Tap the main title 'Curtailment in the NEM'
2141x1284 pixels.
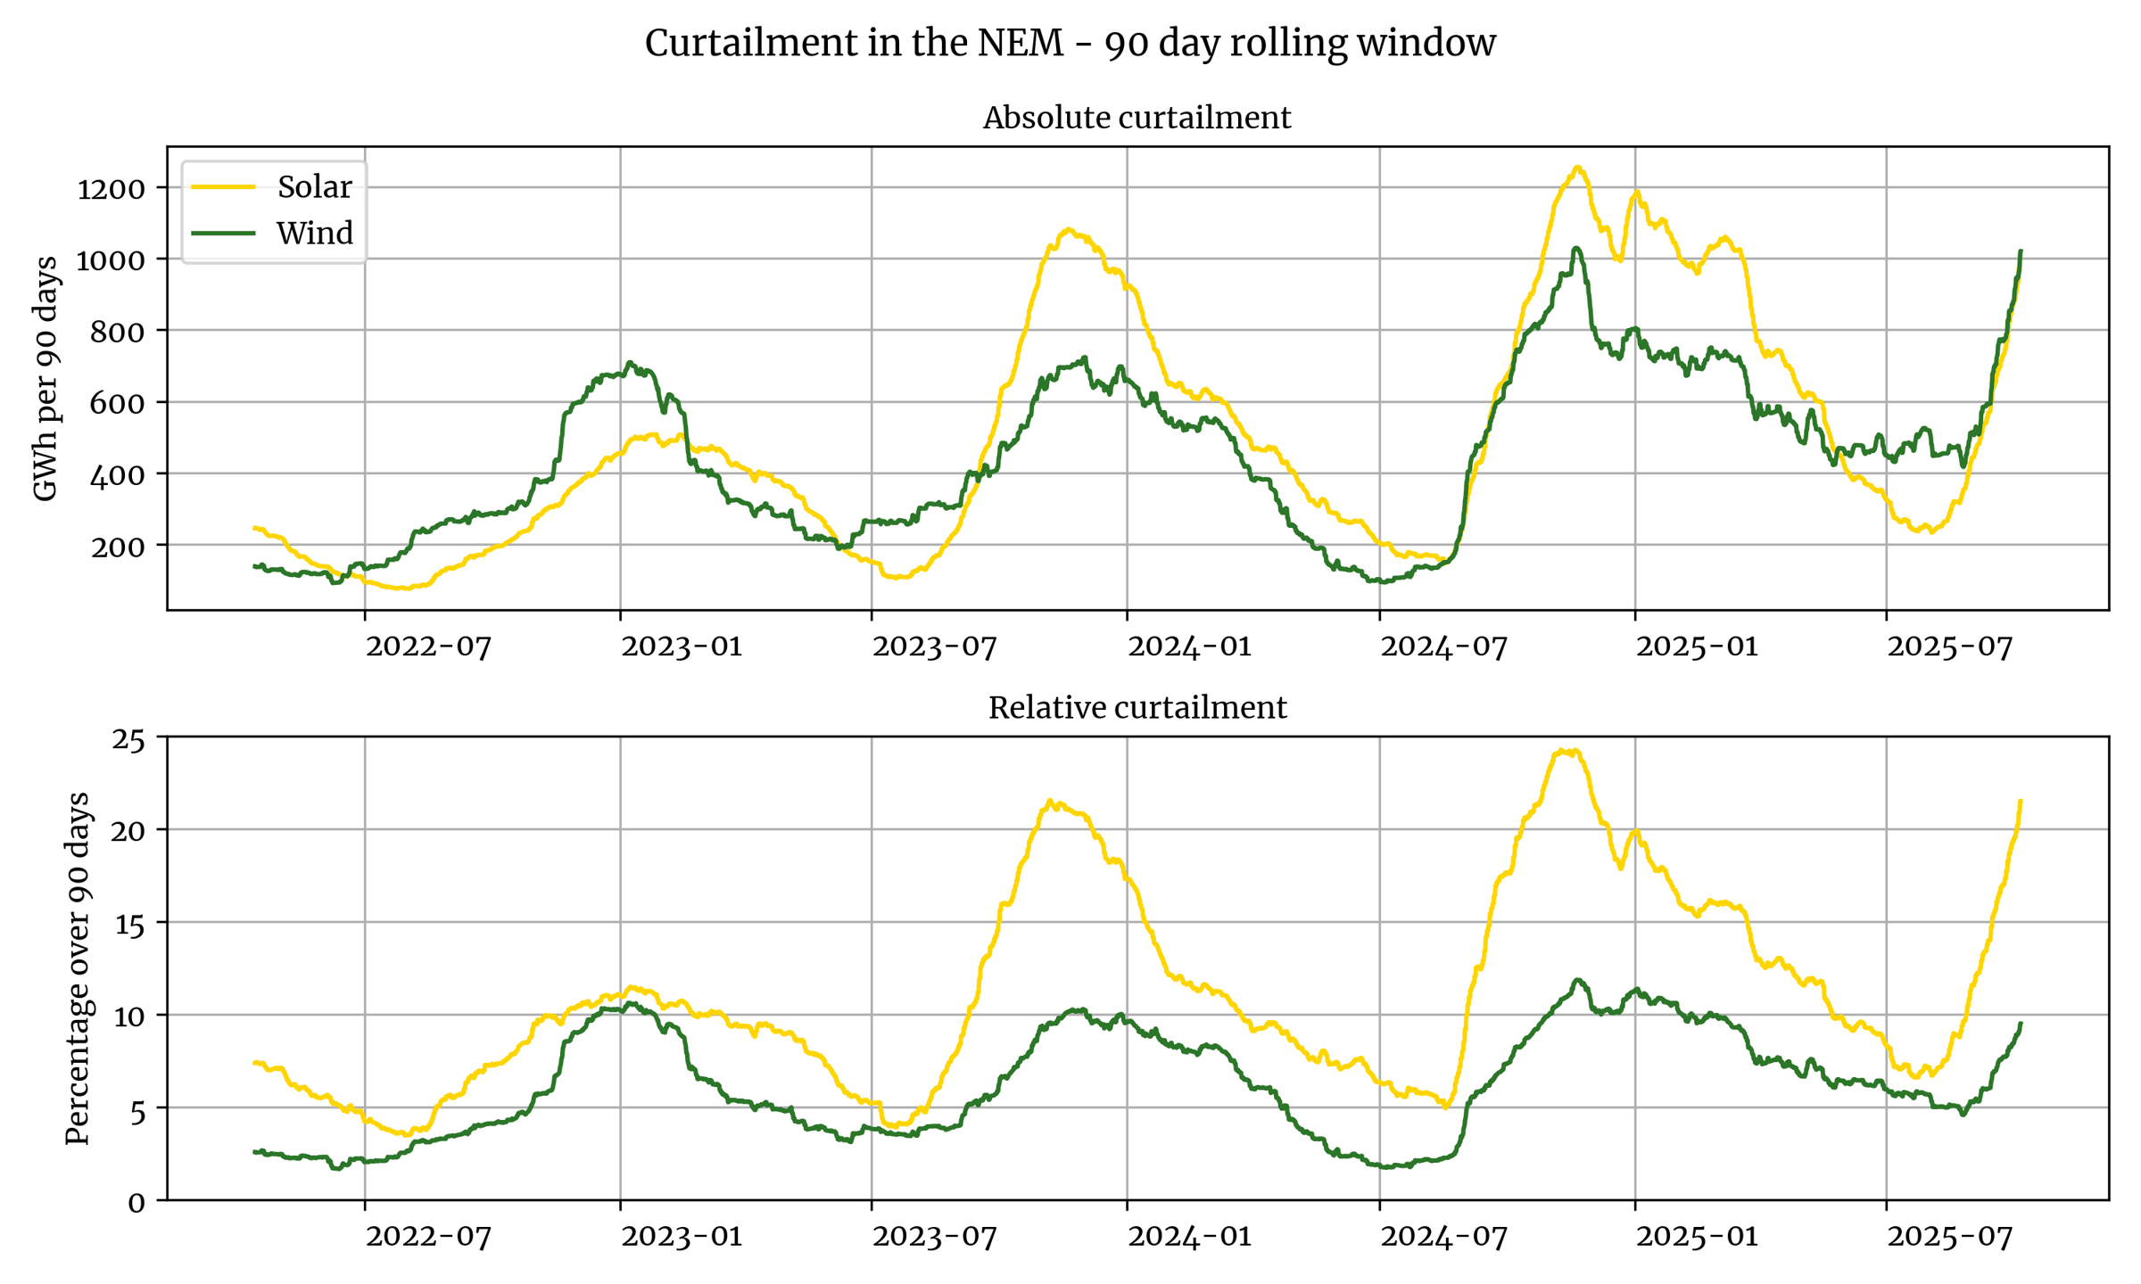point(1070,43)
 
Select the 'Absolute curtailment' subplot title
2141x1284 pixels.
point(1137,118)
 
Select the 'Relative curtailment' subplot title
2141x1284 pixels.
point(1137,708)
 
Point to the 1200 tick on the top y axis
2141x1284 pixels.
point(111,189)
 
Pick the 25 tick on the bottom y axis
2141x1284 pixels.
point(128,739)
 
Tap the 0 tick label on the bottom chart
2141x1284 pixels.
point(136,1202)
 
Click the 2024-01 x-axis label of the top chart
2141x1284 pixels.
point(1189,646)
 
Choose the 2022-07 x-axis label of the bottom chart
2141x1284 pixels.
point(428,1236)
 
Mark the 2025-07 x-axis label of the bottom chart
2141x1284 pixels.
point(1949,1236)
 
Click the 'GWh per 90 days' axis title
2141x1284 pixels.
point(45,379)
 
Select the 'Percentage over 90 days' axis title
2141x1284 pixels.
point(78,967)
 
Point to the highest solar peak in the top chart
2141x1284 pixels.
point(1578,167)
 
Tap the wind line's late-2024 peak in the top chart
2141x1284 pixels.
point(1577,248)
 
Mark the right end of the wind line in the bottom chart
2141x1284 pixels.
point(2021,1024)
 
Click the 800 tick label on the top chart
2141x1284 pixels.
point(118,332)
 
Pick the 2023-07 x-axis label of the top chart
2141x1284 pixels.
point(934,646)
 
